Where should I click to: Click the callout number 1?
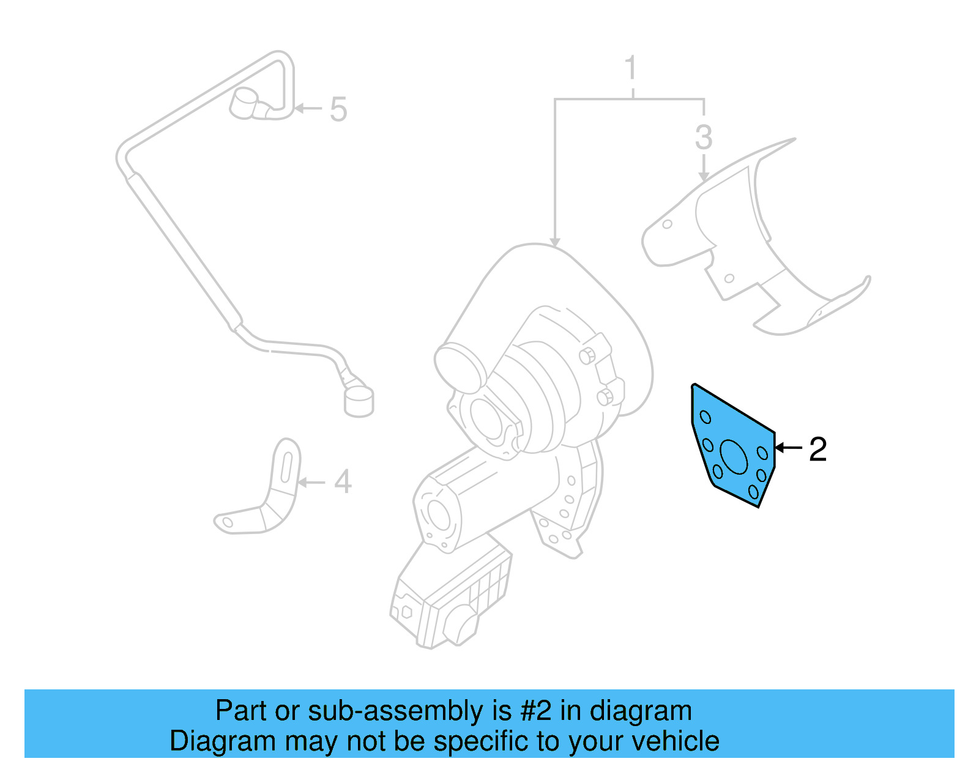[x=631, y=69]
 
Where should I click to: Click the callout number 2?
[x=817, y=450]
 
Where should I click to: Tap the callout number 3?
[x=704, y=138]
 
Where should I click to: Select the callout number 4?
[x=343, y=482]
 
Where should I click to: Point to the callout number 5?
[x=338, y=109]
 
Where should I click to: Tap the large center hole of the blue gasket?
[x=734, y=456]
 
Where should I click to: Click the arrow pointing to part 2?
[x=788, y=448]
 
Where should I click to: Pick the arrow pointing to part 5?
[x=308, y=109]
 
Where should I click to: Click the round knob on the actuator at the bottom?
[x=462, y=626]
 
